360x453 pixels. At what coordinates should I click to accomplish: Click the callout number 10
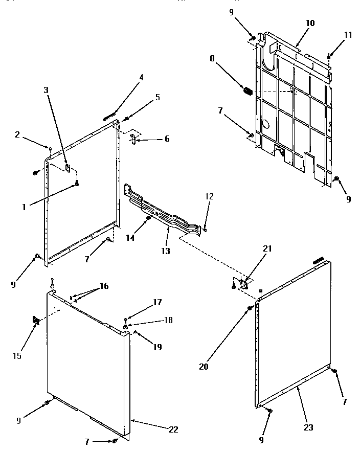coord(310,23)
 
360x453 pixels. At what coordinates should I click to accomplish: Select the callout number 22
coord(173,429)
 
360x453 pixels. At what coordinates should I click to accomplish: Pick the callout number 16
coord(104,286)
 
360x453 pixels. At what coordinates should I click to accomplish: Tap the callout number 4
coord(141,78)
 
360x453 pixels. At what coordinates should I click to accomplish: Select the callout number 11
coord(348,35)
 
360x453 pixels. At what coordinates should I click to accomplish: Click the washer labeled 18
coord(126,326)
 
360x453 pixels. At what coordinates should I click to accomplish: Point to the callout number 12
coord(210,196)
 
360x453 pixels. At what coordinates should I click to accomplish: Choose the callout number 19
coord(156,347)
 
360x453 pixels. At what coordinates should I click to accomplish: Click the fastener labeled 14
coord(148,218)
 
